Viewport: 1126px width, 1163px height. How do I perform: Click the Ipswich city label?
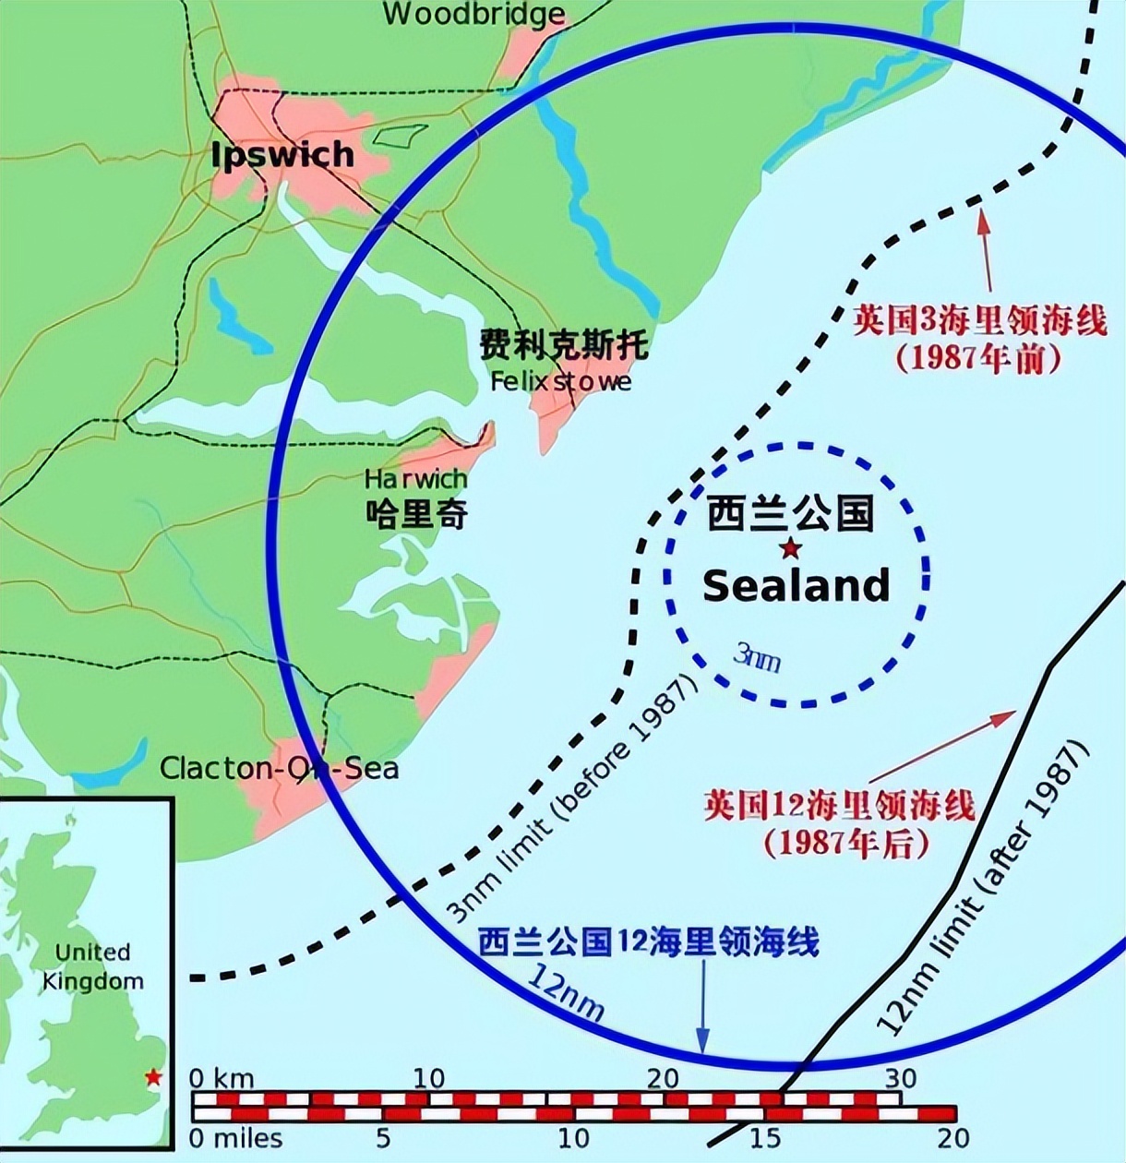pyautogui.click(x=282, y=155)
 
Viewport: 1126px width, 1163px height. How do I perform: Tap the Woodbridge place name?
pyautogui.click(x=473, y=14)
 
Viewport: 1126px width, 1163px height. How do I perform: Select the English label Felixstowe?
pyautogui.click(x=561, y=381)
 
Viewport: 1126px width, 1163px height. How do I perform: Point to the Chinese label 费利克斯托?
pyautogui.click(x=563, y=345)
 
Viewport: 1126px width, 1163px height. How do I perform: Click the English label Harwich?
pyautogui.click(x=415, y=479)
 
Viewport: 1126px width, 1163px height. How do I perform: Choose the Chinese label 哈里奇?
pyautogui.click(x=416, y=513)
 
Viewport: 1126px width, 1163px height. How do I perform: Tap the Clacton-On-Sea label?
pyautogui.click(x=279, y=768)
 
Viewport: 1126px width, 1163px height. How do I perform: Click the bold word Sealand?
pyautogui.click(x=797, y=586)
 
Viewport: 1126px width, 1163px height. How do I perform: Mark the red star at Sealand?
pyautogui.click(x=791, y=549)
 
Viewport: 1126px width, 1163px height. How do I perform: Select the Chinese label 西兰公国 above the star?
pyautogui.click(x=791, y=513)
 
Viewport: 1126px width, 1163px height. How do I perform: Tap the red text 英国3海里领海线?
pyautogui.click(x=979, y=322)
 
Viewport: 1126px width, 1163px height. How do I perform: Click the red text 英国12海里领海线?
pyautogui.click(x=839, y=806)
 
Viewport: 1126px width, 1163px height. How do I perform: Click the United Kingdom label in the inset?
pyautogui.click(x=92, y=966)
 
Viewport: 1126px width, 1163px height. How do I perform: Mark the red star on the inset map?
pyautogui.click(x=154, y=1077)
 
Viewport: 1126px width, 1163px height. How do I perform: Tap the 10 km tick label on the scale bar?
pyautogui.click(x=428, y=1077)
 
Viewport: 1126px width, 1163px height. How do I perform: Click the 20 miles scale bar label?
pyautogui.click(x=952, y=1138)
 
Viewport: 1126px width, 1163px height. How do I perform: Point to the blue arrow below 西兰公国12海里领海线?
pyautogui.click(x=703, y=1006)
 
